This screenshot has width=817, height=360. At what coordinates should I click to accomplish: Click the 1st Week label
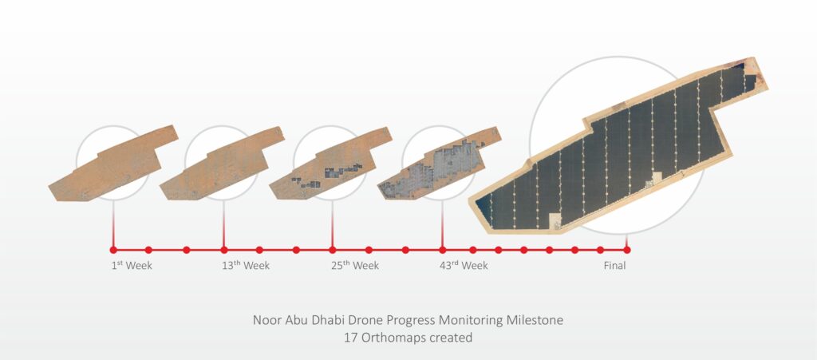[x=132, y=266]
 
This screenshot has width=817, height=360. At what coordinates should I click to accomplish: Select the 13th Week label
[x=246, y=266]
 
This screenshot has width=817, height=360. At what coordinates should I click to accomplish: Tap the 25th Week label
[x=355, y=266]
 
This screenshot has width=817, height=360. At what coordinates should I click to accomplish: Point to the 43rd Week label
[x=464, y=266]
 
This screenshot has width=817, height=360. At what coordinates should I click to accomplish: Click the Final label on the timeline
[x=614, y=266]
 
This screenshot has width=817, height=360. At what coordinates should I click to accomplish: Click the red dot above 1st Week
[x=113, y=250]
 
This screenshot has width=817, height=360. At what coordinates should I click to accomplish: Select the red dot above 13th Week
[x=223, y=250]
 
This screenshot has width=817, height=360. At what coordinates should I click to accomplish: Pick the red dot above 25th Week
[x=333, y=250]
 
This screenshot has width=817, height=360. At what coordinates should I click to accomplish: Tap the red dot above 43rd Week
[x=443, y=250]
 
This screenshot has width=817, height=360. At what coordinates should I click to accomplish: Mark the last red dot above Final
[x=626, y=250]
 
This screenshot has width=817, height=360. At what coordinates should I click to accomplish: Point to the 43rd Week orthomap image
[x=441, y=164]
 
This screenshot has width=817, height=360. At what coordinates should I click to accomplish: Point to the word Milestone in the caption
[x=535, y=320]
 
